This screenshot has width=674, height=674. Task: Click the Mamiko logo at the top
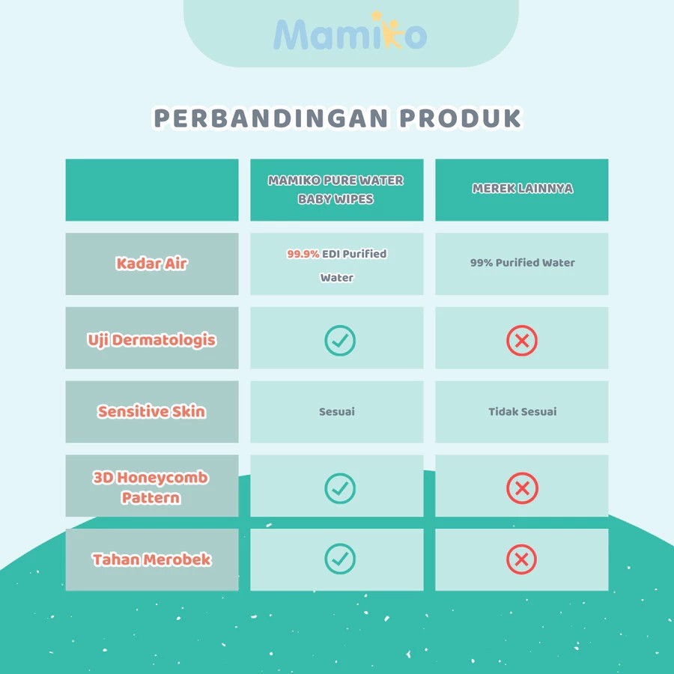tap(350, 31)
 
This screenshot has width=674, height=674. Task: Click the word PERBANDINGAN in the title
tap(271, 118)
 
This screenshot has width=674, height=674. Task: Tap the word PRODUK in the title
tap(461, 118)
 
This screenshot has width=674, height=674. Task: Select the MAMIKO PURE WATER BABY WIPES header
tap(336, 189)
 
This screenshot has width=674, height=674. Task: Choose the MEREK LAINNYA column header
tap(522, 188)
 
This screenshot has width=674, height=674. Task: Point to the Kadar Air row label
tap(151, 264)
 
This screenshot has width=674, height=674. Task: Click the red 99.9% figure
tap(303, 254)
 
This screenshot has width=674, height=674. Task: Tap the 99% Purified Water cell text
tap(522, 263)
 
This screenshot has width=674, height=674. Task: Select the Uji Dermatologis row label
tap(151, 340)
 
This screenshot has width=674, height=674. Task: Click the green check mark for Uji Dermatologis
tap(340, 341)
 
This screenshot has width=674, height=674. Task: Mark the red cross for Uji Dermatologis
tap(522, 341)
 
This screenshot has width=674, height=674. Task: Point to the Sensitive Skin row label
tap(151, 411)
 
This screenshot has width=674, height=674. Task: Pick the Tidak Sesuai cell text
tap(522, 412)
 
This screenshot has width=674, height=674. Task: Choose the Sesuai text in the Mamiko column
tap(337, 412)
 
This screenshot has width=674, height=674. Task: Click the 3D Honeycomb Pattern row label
tap(151, 488)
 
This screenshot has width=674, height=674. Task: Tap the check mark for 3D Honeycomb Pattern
tap(340, 488)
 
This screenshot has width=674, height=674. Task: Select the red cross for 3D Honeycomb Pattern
tap(522, 488)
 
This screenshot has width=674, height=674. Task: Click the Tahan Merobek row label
tap(151, 559)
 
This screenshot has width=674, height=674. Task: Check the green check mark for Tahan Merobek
tap(340, 559)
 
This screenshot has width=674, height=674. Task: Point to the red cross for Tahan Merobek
tap(521, 559)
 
